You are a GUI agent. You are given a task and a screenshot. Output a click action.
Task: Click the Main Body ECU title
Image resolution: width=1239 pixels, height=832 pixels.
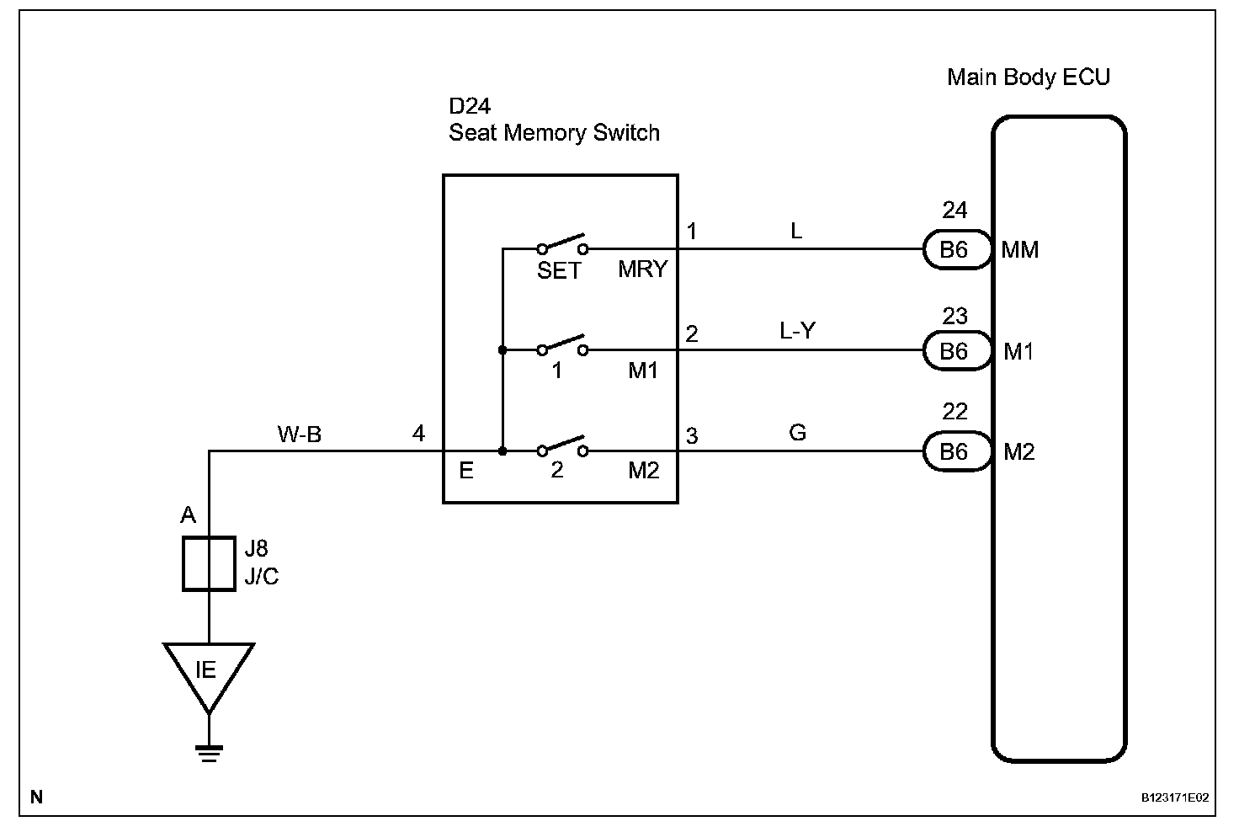[1028, 77]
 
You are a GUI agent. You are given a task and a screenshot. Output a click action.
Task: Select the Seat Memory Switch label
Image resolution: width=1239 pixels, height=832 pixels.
[554, 133]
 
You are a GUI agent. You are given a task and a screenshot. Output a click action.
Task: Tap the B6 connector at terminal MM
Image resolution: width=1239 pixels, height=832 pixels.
[955, 250]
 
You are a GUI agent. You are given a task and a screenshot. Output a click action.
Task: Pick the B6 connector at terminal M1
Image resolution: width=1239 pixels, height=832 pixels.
[955, 351]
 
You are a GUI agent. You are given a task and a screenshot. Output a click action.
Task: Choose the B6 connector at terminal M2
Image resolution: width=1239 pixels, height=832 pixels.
[955, 452]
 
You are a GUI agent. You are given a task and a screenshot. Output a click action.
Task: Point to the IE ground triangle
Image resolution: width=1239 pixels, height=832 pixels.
[208, 675]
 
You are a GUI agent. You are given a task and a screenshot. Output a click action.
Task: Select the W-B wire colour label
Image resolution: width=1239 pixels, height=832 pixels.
[300, 435]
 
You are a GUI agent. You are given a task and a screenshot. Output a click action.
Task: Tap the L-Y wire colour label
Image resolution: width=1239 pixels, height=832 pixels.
[797, 332]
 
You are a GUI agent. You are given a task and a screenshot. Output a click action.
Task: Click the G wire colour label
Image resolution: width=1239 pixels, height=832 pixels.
[797, 433]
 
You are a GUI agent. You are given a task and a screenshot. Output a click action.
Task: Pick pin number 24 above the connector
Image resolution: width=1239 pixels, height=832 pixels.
[955, 211]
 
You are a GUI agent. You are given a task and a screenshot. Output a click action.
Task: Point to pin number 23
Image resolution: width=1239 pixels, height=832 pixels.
[955, 317]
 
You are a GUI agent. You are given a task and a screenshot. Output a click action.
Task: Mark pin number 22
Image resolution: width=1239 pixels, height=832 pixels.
[955, 412]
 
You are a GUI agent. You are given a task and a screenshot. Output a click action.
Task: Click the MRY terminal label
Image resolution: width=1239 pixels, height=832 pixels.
[642, 269]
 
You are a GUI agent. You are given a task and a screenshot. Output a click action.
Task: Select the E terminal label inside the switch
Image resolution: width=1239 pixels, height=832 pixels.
[465, 471]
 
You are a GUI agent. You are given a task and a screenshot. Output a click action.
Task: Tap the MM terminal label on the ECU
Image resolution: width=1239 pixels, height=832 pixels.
[1020, 250]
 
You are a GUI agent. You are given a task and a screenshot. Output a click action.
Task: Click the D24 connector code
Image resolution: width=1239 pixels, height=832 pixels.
[469, 107]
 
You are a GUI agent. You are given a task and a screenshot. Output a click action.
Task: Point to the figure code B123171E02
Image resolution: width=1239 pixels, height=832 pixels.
[1175, 797]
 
